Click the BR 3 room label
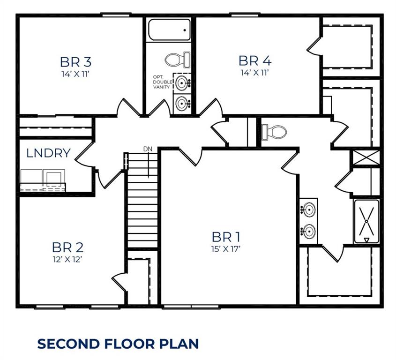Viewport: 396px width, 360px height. pyautogui.click(x=75, y=61)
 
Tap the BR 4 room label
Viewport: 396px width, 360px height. pyautogui.click(x=255, y=60)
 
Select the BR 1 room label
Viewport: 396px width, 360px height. pyautogui.click(x=226, y=236)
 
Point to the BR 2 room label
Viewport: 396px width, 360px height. pyautogui.click(x=67, y=247)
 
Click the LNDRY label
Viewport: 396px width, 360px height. pyautogui.click(x=48, y=153)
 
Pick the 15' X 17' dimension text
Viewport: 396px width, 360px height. pyautogui.click(x=225, y=249)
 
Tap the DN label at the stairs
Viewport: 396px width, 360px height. pyautogui.click(x=148, y=149)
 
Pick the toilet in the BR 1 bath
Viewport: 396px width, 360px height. pyautogui.click(x=274, y=131)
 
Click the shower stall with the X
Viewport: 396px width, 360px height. pyautogui.click(x=367, y=221)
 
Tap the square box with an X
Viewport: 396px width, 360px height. pyautogui.click(x=366, y=157)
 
